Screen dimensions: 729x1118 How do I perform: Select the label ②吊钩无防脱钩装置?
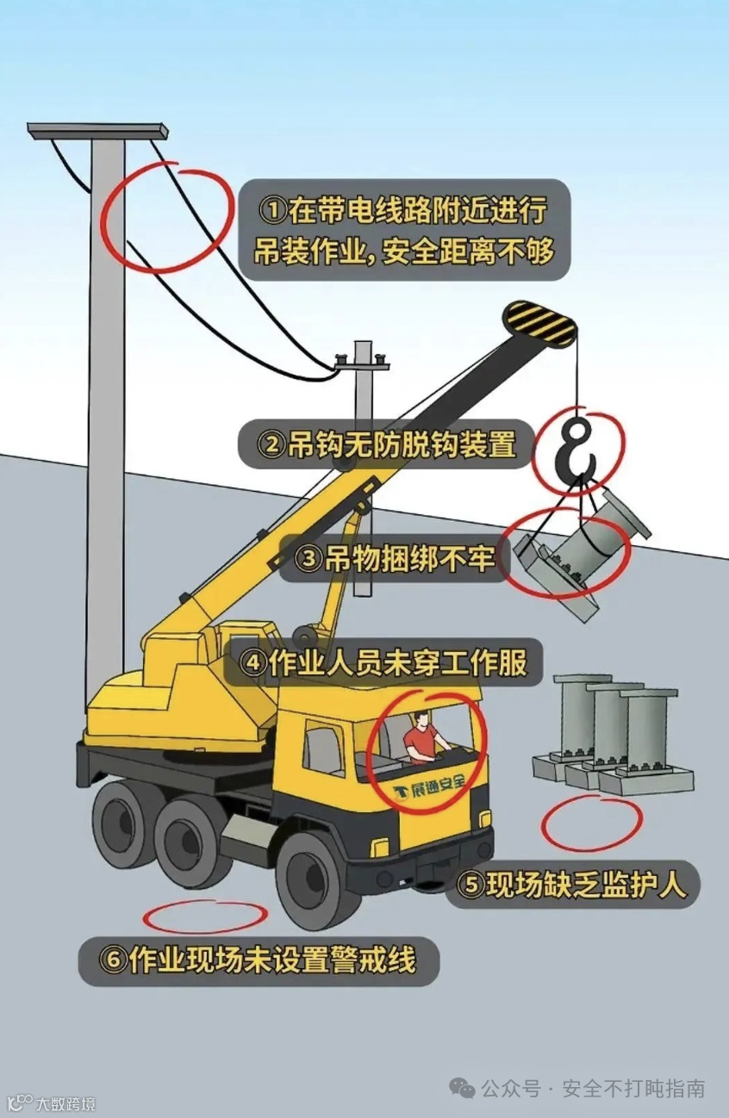pyautogui.click(x=385, y=444)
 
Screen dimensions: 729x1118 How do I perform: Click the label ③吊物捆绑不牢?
pyautogui.click(x=395, y=557)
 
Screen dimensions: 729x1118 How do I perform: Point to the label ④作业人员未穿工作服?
pyautogui.click(x=383, y=662)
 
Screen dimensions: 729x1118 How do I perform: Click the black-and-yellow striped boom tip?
pyautogui.click(x=539, y=324)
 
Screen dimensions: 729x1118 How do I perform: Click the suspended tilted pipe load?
pyautogui.click(x=582, y=553)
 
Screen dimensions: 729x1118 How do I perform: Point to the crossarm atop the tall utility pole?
pyautogui.click(x=98, y=131)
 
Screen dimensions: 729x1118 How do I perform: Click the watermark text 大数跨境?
pyautogui.click(x=65, y=1102)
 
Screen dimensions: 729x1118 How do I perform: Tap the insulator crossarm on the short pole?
pyautogui.click(x=363, y=365)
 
